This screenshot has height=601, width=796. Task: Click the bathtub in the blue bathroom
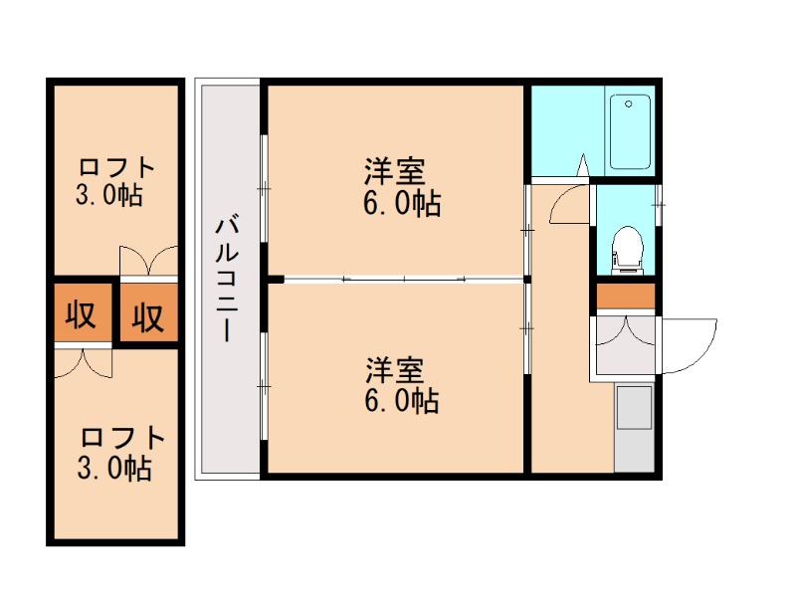pos(629,131)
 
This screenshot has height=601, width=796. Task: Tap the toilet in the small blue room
pos(626,247)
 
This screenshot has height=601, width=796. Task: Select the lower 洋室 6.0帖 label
pos(402,385)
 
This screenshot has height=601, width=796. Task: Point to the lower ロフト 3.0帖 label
pos(115,452)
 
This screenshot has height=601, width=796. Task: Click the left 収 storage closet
pos(80,315)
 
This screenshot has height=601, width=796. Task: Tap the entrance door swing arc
pos(691,344)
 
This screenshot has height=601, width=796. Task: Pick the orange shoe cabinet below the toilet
pos(626,297)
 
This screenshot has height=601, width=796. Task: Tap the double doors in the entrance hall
pos(625,330)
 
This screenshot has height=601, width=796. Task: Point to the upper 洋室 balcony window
pos(264,184)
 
